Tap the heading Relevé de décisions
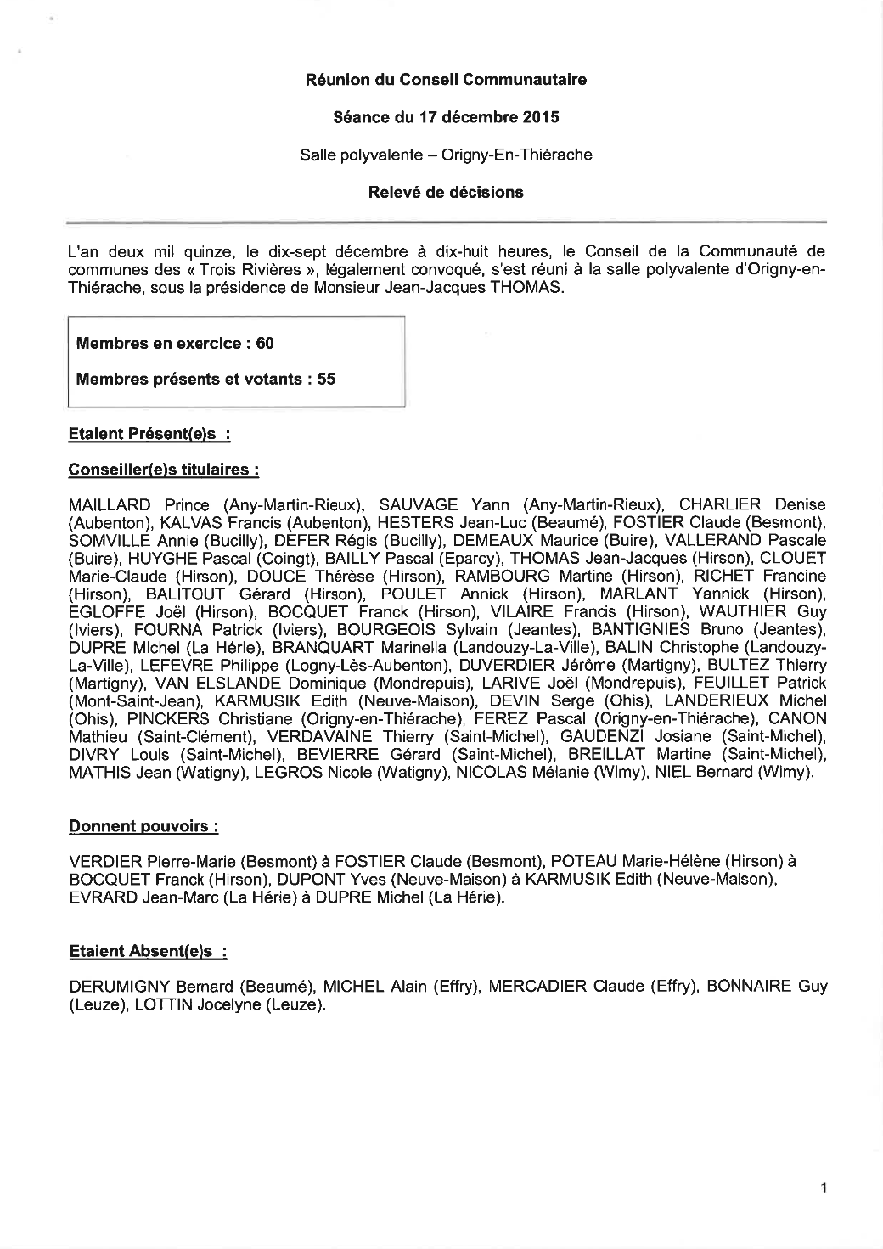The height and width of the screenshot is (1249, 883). point(446,192)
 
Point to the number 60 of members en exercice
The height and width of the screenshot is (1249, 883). point(264,344)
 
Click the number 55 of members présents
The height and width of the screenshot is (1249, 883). point(326,380)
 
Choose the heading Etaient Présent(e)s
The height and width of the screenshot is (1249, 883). point(149,434)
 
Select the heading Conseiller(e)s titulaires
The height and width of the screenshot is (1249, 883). point(163,470)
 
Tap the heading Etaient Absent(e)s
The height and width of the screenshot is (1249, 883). point(147,952)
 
